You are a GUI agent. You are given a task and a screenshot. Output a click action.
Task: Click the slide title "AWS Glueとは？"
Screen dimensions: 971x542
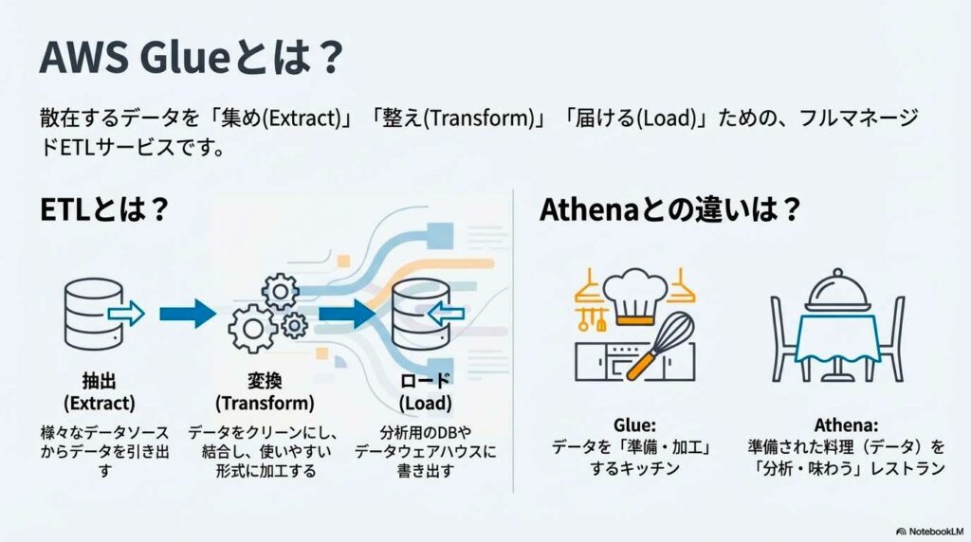(192, 57)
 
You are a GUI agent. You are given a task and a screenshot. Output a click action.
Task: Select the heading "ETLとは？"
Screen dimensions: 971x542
(104, 209)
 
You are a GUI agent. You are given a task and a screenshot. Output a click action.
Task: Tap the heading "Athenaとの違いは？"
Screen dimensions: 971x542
(670, 209)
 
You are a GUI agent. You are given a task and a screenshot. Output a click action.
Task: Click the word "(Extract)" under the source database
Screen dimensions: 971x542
(99, 404)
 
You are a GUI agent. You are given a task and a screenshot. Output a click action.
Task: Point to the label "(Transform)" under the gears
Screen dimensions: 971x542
(265, 404)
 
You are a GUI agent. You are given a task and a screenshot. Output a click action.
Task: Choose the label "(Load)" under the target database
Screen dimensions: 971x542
(426, 404)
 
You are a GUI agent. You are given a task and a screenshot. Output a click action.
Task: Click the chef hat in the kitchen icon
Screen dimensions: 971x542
(635, 297)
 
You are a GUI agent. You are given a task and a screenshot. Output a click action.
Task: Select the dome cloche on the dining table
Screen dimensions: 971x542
(838, 291)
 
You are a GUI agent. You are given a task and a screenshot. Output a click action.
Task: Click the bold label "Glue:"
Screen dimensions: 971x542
(634, 425)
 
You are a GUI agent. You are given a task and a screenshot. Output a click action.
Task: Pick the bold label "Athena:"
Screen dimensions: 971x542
(846, 425)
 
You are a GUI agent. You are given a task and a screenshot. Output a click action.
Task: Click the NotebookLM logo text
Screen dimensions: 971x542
(935, 532)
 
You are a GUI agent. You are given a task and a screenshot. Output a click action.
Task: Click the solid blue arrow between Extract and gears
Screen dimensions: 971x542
(188, 314)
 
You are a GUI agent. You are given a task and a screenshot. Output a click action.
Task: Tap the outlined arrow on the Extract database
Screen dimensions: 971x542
(126, 314)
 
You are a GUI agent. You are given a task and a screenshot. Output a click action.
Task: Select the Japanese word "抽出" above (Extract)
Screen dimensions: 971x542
(99, 381)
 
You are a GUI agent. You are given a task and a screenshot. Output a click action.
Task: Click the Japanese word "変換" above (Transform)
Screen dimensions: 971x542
(265, 381)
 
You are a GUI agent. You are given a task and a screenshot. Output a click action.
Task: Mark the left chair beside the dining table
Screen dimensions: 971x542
(784, 339)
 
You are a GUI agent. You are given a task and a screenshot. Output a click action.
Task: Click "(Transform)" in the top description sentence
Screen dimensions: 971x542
(479, 117)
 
